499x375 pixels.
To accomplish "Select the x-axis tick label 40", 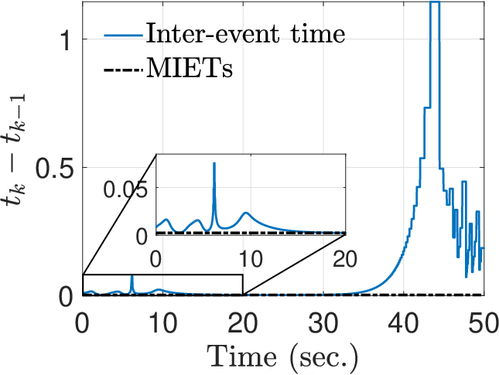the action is point(402,323).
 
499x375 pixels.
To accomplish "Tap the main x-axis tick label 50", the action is point(483,323).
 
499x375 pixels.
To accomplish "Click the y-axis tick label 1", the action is point(65,40).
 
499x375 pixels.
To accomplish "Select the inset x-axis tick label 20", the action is point(345,259).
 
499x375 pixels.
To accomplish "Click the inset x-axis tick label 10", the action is point(251,259).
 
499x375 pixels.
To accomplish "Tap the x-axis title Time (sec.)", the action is point(283,358).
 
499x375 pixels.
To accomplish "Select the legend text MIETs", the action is point(190,68).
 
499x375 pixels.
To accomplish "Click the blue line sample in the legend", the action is point(123,34).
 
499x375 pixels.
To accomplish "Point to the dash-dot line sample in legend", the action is point(123,70).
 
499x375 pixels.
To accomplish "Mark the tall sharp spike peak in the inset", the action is point(214,163).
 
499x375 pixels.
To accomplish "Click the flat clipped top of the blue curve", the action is point(435,2).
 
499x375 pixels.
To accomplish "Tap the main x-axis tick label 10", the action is point(162,323).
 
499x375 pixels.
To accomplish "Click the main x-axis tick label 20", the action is point(242,323).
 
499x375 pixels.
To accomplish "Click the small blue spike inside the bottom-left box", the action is point(132,276).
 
